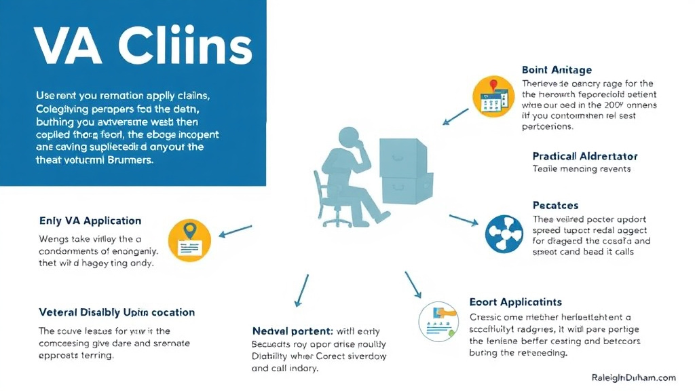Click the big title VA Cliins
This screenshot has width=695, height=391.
point(142,48)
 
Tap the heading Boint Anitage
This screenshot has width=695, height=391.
point(557,70)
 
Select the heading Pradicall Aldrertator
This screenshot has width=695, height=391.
point(585,155)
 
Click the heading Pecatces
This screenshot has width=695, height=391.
point(555,205)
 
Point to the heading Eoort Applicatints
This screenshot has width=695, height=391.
point(516,301)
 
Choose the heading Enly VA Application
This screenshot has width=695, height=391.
point(90,221)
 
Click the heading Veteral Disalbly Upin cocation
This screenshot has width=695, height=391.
point(117,312)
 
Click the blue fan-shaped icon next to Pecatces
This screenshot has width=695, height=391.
point(504,234)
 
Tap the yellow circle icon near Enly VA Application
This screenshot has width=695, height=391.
point(189,240)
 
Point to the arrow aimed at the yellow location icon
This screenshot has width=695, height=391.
point(234,231)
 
